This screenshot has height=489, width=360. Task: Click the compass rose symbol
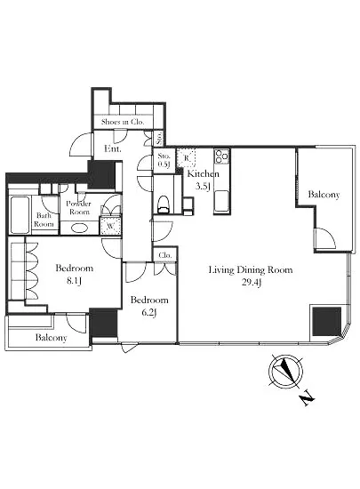coord(285,371)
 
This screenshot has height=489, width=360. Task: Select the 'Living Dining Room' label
coord(251,269)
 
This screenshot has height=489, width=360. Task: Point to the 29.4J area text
coord(252,283)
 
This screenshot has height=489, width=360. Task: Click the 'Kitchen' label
coord(203,173)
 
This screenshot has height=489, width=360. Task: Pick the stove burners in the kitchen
coord(221,156)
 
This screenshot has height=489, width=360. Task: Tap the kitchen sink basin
coord(221,200)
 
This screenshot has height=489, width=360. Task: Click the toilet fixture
coord(164,204)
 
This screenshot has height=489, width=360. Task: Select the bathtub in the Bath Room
coord(20,214)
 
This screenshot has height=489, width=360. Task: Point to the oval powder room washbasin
coord(79,228)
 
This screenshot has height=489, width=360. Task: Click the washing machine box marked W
coord(110,225)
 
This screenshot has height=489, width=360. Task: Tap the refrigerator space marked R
coord(187,157)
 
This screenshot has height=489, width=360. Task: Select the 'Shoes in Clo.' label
coord(123,122)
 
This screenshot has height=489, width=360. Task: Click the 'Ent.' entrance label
coord(113,148)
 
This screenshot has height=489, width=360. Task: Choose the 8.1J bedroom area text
coord(74,281)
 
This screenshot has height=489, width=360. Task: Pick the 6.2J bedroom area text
coord(149,312)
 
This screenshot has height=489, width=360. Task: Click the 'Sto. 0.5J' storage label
coord(164,160)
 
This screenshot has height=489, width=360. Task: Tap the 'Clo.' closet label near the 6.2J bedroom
coord(164,255)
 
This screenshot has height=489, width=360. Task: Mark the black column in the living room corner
coord(326,322)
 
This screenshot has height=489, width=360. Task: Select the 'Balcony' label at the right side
coord(324,195)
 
